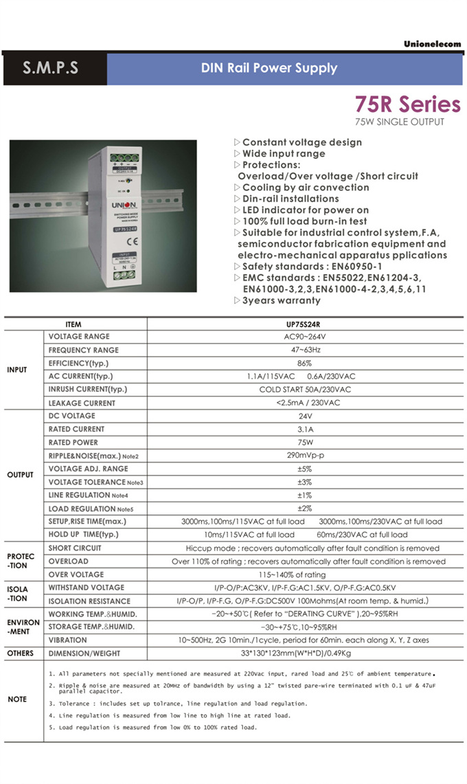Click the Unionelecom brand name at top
432,44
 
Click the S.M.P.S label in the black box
51,68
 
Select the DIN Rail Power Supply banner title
269,68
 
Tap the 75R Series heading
407,104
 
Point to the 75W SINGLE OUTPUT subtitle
399,122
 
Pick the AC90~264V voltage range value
304,337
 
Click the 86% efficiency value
304,363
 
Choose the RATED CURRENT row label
76,429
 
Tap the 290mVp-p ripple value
304,456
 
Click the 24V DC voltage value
304,416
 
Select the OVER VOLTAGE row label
76,574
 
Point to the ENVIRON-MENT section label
23,627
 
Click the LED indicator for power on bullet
301,210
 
